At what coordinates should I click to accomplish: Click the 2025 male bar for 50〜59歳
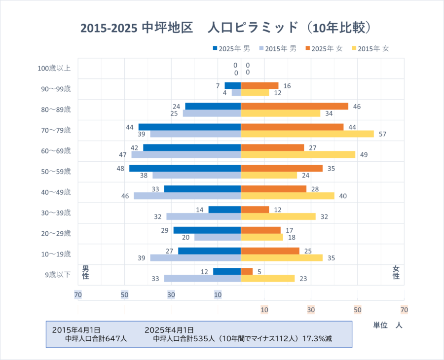[185, 168]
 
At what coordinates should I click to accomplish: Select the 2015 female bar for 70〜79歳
[307, 134]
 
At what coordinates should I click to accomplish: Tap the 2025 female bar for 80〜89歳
[295, 106]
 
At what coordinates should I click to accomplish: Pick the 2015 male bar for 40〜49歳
[187, 196]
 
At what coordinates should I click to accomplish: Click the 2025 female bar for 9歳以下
[247, 271]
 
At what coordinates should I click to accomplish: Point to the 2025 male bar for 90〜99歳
[233, 85]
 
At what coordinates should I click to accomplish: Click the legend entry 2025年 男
[231, 48]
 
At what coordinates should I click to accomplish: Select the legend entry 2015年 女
[370, 48]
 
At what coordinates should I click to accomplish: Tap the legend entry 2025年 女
[324, 48]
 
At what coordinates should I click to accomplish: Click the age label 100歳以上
[54, 68]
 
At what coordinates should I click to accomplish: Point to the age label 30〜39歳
[56, 213]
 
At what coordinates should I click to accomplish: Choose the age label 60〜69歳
[56, 150]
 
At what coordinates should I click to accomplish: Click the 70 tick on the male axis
[78, 295]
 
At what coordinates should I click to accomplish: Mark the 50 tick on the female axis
[358, 310]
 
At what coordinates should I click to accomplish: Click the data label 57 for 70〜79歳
[382, 134]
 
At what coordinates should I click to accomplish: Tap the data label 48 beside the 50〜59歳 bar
[120, 168]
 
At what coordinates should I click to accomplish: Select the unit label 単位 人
[388, 325]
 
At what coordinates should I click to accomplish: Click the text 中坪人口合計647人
[96, 339]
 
